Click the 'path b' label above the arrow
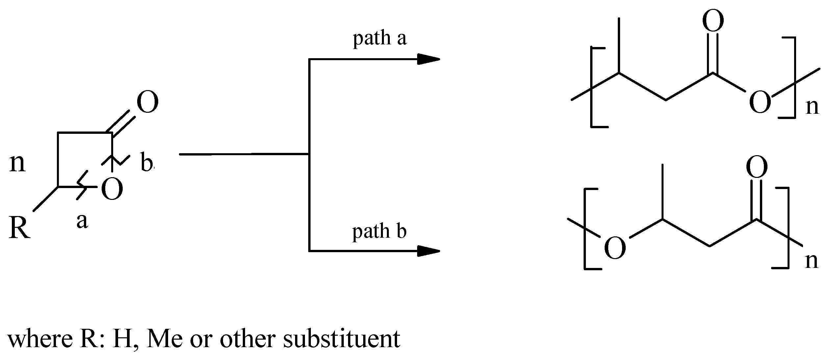379,231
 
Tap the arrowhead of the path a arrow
429,59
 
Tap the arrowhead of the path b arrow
429,251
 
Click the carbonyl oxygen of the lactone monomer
147,103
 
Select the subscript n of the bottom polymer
812,261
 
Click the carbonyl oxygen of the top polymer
713,20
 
